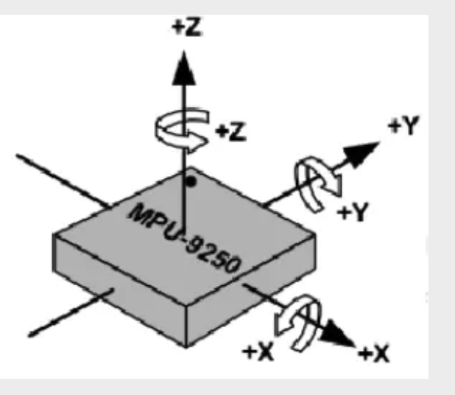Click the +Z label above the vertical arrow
coord(187,27)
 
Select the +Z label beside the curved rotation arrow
coord(231,132)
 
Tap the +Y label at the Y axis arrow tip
coord(404,125)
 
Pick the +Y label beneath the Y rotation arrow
coord(353,212)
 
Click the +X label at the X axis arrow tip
coord(373,354)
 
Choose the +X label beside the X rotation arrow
coord(258,352)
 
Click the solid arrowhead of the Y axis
coord(361,154)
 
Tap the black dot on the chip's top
coord(191,182)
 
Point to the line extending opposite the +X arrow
coord(63,181)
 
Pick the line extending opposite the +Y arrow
coord(71,312)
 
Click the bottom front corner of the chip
coord(186,347)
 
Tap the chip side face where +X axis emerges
coord(251,290)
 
